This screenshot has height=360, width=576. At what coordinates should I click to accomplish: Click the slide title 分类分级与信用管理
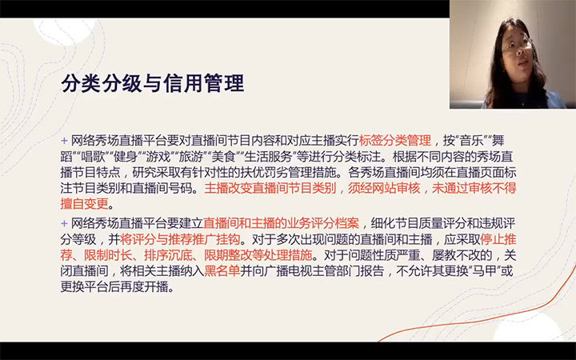coord(153,83)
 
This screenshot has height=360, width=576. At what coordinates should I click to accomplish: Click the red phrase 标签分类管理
coord(395,140)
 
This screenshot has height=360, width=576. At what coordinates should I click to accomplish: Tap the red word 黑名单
coord(222,271)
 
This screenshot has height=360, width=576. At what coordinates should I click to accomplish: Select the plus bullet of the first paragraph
coord(64,141)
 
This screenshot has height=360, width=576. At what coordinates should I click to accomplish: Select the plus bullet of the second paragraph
coord(64,223)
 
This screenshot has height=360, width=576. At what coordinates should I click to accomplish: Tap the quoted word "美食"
coord(222,157)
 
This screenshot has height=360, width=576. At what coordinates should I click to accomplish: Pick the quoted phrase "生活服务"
coord(267,157)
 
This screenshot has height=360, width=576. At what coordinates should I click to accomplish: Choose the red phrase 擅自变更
coord(85,204)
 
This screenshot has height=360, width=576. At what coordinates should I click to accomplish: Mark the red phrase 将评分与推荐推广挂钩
coord(180,239)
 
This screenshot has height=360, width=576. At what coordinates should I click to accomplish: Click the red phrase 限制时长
coord(108,255)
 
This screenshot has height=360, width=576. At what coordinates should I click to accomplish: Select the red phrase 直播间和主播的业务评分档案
coord(281,223)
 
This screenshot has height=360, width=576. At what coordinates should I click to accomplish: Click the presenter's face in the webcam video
coord(518,50)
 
